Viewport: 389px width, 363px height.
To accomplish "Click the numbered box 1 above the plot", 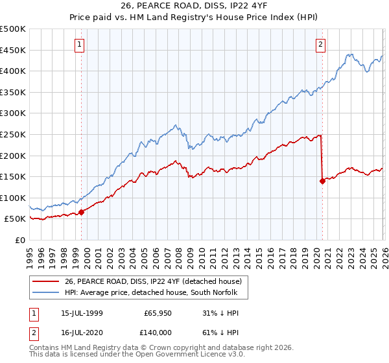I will (80, 45).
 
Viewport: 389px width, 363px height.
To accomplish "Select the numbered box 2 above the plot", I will (321, 45).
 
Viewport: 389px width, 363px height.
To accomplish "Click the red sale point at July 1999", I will (82, 212).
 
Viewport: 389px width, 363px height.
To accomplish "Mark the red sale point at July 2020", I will (322, 181).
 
